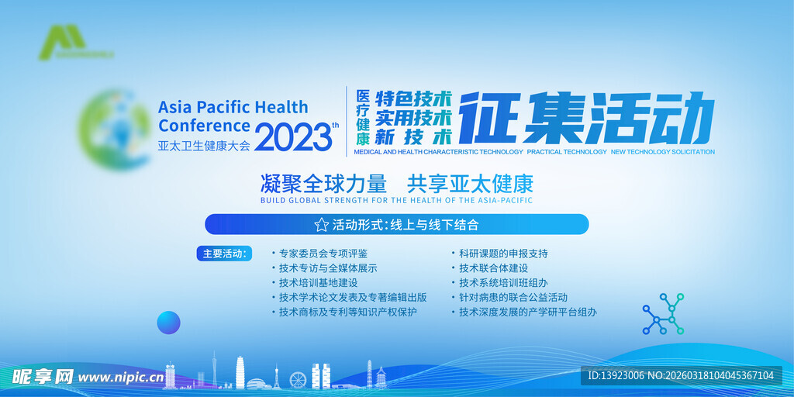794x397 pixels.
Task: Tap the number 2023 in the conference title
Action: coord(292,138)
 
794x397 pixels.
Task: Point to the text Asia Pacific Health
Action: coord(233,107)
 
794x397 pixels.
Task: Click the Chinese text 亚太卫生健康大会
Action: coord(204,145)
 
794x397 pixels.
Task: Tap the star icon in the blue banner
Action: coord(321,225)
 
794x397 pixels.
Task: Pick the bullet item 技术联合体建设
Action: coord(493,268)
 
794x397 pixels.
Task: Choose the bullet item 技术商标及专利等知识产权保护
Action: coord(347,312)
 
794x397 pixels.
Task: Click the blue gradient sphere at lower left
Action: coord(168,322)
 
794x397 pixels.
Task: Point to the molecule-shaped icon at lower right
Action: coord(663,313)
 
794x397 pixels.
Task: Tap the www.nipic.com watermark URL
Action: coord(119,378)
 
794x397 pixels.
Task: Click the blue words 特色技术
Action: coord(413,99)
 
